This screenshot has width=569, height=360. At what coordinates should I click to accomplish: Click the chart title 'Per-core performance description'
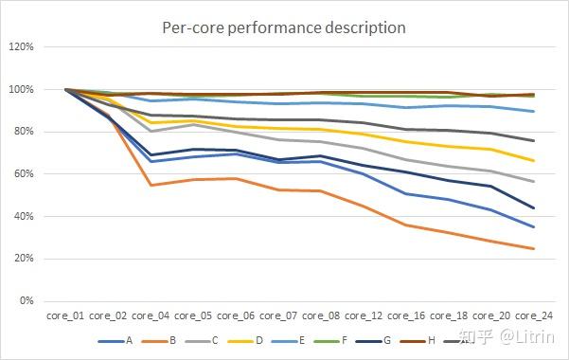pyautogui.click(x=284, y=28)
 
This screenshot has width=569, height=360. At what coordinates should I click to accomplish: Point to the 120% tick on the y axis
pyautogui.click(x=22, y=46)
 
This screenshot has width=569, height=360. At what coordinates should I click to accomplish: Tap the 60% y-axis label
pyautogui.click(x=24, y=173)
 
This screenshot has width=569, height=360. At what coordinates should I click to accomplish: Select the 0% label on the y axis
pyautogui.click(x=27, y=300)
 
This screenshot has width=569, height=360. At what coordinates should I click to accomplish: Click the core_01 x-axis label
pyautogui.click(x=65, y=315)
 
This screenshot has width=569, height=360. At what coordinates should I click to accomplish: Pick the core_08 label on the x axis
pyautogui.click(x=321, y=315)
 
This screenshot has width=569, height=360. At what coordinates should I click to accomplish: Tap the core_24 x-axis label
pyautogui.click(x=534, y=315)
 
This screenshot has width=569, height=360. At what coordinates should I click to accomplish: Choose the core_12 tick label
pyautogui.click(x=364, y=315)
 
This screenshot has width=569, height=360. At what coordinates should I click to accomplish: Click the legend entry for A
pyautogui.click(x=116, y=341)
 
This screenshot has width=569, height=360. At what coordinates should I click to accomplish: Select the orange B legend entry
pyautogui.click(x=158, y=341)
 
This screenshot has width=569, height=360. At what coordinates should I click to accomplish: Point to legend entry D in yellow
pyautogui.click(x=245, y=341)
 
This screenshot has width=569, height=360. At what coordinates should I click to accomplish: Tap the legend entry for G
pyautogui.click(x=373, y=341)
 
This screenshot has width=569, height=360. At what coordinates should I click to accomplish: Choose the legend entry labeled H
pyautogui.click(x=418, y=341)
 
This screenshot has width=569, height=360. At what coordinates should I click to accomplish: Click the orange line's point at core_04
pyautogui.click(x=151, y=186)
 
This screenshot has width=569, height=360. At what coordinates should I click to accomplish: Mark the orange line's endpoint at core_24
pyautogui.click(x=534, y=249)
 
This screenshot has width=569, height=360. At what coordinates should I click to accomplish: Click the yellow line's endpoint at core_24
pyautogui.click(x=534, y=160)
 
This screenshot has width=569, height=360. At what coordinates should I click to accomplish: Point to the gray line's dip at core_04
pyautogui.click(x=151, y=131)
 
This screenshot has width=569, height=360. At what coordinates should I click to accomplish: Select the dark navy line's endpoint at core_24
pyautogui.click(x=534, y=208)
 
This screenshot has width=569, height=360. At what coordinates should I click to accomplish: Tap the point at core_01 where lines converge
pyautogui.click(x=65, y=89)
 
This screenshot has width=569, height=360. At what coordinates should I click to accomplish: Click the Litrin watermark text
pyautogui.click(x=527, y=337)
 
